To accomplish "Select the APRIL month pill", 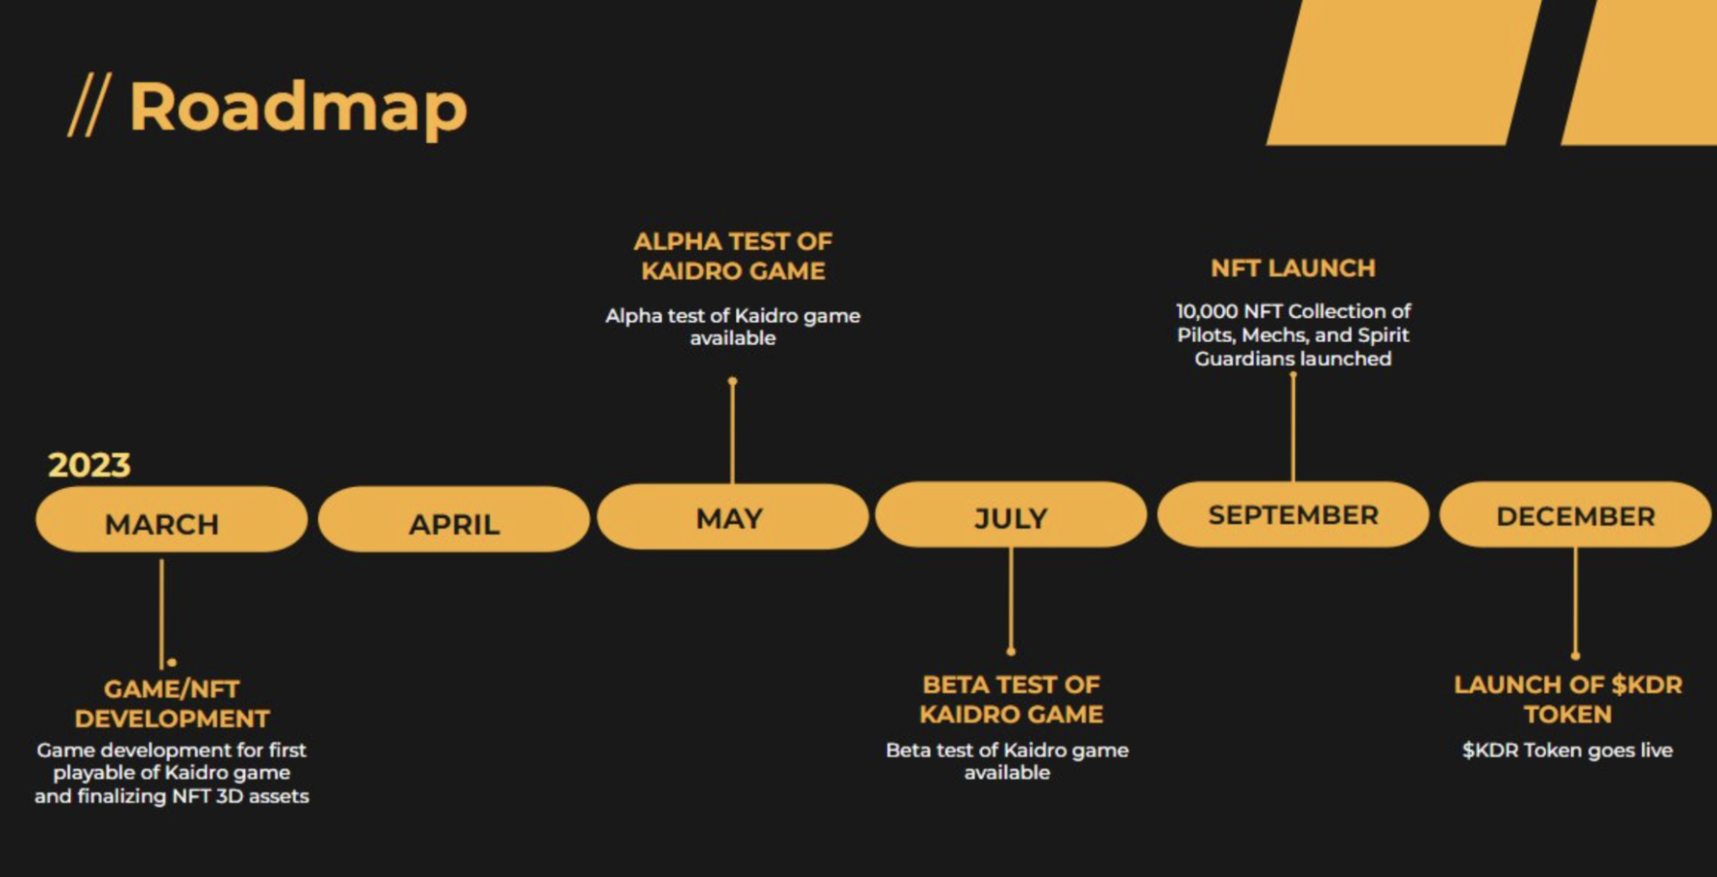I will pos(454,521).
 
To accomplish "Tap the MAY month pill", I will pos(732,517).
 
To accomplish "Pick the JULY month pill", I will pos(1011,516).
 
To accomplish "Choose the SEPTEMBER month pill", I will pos(1293,514).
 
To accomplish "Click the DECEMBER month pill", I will pos(1575,515).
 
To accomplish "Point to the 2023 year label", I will pos(89,465).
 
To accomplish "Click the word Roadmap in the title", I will pos(298,107).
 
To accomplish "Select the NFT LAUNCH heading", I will pos(1293,268).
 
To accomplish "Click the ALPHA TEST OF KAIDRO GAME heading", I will pos(733,256).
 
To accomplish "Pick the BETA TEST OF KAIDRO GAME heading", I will pos(1011,699).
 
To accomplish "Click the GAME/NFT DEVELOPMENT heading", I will pos(172,703).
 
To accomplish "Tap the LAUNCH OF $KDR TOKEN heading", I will pos(1568,699).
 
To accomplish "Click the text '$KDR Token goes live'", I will pos(1568,750).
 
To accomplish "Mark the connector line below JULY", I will pos(1011,599).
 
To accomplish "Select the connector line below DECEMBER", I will pos(1575,601).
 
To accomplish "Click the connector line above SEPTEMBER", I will pos(1293,427).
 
